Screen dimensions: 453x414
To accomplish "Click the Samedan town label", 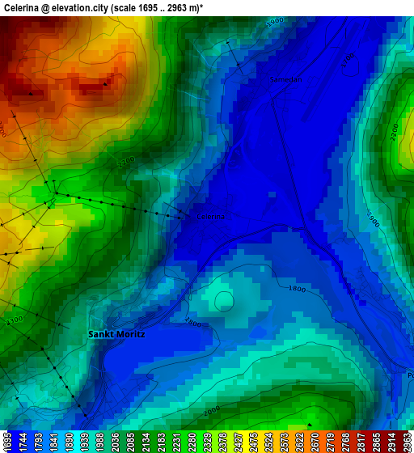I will tap(285, 80).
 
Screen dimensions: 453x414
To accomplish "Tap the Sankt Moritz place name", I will tap(116, 334).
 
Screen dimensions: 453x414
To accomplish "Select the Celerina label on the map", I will tap(211, 217).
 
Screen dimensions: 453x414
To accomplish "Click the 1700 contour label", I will tap(348, 61).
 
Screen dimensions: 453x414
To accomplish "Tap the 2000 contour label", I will tap(212, 411).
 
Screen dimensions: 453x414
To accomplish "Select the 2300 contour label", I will tap(14, 321).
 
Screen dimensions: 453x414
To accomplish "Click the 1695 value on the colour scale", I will tap(7, 441).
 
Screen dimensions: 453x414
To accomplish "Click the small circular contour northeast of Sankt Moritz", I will tap(224, 302).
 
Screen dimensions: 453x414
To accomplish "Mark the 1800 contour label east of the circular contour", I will tap(297, 289).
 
